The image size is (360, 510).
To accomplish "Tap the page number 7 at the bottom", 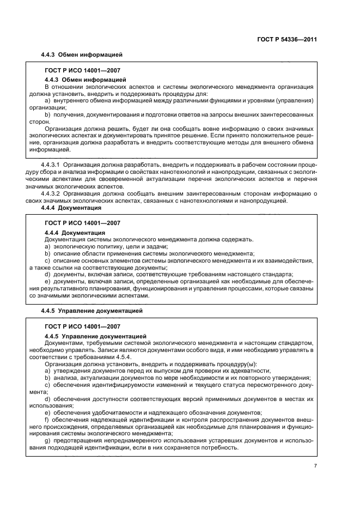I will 315,466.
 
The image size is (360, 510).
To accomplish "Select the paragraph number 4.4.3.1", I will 52,164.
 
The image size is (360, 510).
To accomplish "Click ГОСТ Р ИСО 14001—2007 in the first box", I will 82,71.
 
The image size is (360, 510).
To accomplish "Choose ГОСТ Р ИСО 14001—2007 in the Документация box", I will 82,223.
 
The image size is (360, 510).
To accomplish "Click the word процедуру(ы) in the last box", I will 236,364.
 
